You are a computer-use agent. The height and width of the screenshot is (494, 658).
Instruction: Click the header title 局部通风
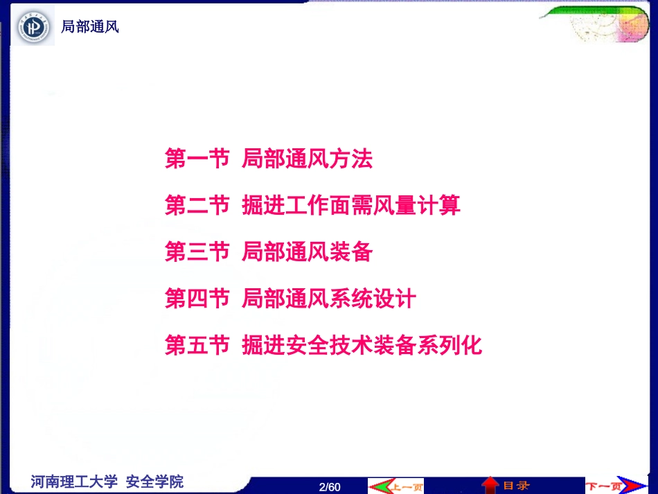click(90, 27)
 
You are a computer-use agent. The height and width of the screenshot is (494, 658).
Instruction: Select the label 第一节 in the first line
click(197, 159)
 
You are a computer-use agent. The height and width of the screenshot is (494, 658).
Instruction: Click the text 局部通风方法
click(307, 159)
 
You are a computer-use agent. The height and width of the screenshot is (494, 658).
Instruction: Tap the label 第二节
click(197, 205)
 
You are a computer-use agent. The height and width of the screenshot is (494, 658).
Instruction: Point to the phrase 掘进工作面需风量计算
click(351, 205)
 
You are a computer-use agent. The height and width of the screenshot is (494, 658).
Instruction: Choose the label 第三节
click(197, 252)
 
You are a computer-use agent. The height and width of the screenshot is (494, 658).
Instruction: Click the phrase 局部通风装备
click(307, 252)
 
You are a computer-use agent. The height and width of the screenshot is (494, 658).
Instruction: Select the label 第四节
click(197, 299)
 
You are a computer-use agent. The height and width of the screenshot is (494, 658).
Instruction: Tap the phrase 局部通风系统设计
click(329, 299)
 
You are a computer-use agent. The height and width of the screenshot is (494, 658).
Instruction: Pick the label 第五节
click(197, 345)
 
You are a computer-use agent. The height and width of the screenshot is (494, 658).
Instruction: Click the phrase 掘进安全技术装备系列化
click(362, 345)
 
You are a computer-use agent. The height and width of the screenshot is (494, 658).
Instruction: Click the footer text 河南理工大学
click(74, 482)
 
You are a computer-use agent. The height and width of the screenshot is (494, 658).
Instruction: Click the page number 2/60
click(330, 486)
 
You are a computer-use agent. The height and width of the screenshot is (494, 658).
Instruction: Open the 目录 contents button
click(516, 486)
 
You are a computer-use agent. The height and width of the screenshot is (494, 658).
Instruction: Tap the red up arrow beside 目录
click(490, 485)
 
